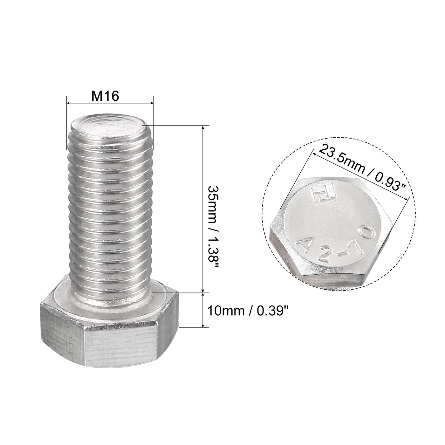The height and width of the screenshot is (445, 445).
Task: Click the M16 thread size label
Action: (x=105, y=96)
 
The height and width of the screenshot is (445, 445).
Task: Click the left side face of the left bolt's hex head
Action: (x=62, y=323)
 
